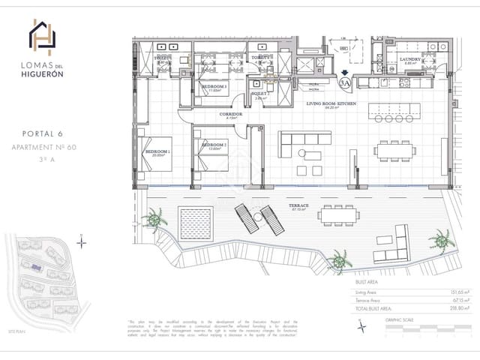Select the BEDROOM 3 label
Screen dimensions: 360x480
[x=214, y=86]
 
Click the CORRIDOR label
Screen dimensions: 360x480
[x=231, y=115]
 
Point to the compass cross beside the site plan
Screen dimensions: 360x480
[x=82, y=241]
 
